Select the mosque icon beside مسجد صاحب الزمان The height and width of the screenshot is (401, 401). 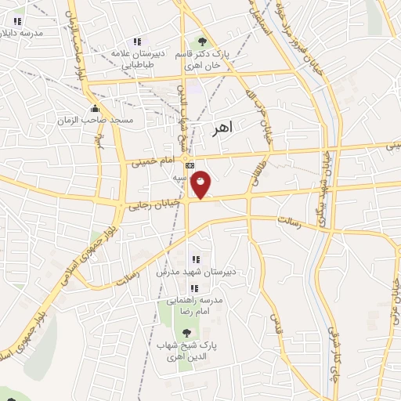point(95,108)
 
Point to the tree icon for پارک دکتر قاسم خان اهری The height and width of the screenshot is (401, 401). point(203,41)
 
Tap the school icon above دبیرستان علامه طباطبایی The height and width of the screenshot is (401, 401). point(137,42)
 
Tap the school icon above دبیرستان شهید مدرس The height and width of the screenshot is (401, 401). point(195,259)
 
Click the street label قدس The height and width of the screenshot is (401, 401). point(274,322)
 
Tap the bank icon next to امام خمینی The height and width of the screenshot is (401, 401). point(189,166)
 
